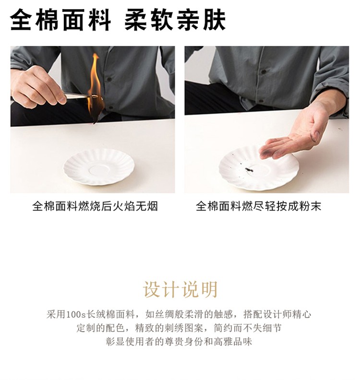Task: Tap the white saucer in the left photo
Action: (99, 167)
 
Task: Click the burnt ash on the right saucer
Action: (249, 170)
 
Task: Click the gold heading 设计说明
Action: (180, 289)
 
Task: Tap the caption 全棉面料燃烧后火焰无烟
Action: (95, 206)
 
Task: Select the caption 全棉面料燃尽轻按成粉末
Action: (258, 206)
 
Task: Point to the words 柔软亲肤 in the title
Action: (175, 20)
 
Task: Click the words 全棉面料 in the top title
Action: (60, 20)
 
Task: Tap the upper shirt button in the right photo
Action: (264, 72)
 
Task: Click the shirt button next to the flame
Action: (109, 79)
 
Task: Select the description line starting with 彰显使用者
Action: (179, 342)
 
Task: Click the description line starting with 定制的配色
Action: (179, 328)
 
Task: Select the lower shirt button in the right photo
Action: (261, 101)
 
